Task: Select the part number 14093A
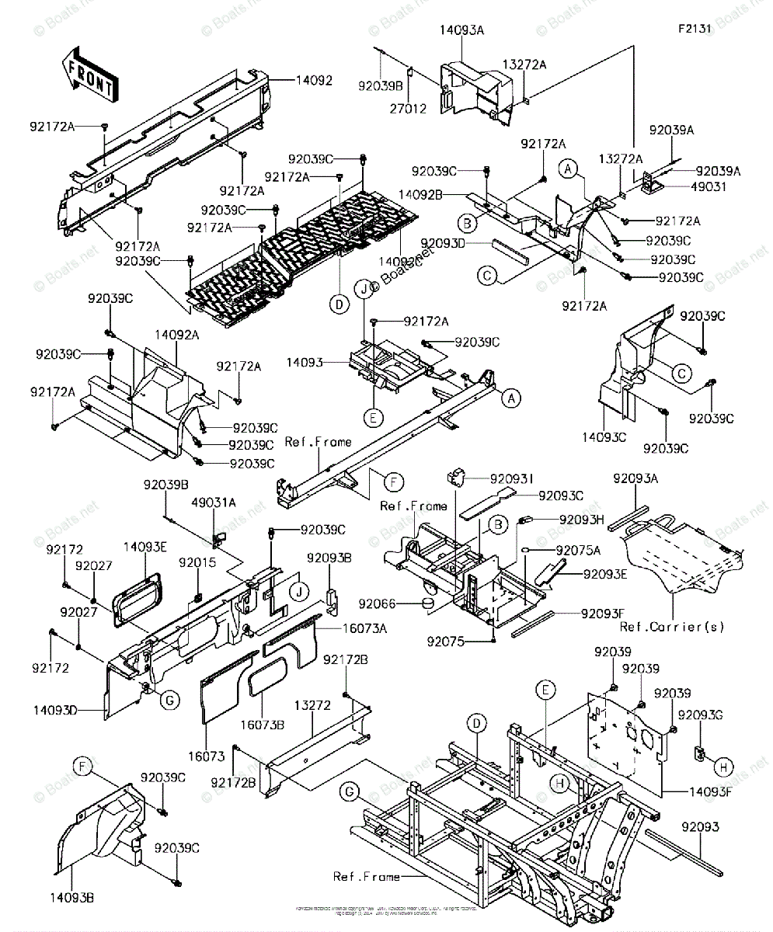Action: click(462, 30)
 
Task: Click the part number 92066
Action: click(399, 603)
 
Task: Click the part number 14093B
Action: click(75, 898)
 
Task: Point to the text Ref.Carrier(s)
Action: click(673, 627)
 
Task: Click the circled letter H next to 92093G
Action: click(723, 767)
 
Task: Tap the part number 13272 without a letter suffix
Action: click(312, 706)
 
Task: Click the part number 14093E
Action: click(145, 547)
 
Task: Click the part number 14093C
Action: click(605, 438)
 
